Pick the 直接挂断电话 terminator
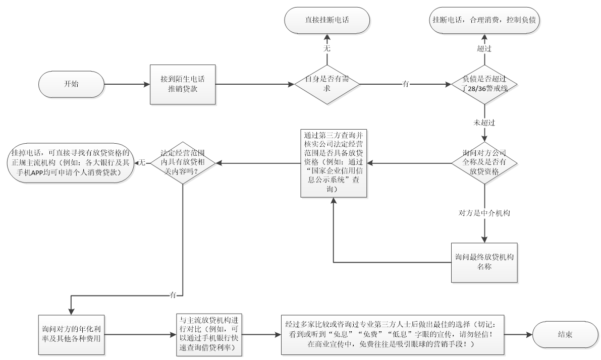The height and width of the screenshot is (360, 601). pyautogui.click(x=326, y=20)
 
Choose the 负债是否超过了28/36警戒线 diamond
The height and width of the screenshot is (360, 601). pyautogui.click(x=484, y=84)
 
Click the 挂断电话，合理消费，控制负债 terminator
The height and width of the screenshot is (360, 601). pyautogui.click(x=483, y=20)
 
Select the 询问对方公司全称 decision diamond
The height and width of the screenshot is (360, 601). pyautogui.click(x=484, y=163)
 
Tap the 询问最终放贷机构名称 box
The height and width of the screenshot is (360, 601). pyautogui.click(x=484, y=262)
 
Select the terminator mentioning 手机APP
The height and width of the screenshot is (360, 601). pyautogui.click(x=69, y=162)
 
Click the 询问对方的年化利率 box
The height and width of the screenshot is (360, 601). pyautogui.click(x=70, y=334)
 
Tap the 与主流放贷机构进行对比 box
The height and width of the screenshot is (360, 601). pyautogui.click(x=208, y=334)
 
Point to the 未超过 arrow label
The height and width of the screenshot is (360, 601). pyautogui.click(x=483, y=123)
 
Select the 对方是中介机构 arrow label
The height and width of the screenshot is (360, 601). pyautogui.click(x=483, y=213)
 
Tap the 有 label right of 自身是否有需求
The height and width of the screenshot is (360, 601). pyautogui.click(x=405, y=84)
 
